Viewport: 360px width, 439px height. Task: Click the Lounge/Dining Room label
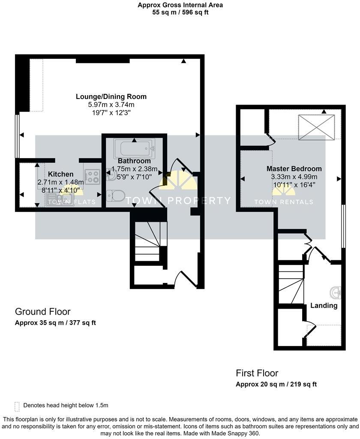point(111,96)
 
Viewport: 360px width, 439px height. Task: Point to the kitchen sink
point(60,200)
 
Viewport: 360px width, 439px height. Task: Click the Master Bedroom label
point(294,168)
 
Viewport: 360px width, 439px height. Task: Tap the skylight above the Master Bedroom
point(317,127)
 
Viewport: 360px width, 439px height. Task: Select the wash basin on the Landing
point(336,293)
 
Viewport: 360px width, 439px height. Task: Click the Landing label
point(324,306)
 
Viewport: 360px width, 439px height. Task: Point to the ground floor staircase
point(149,242)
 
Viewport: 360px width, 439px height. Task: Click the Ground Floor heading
point(42,312)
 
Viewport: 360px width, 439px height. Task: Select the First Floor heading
point(257,373)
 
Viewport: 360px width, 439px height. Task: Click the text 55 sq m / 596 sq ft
point(180,12)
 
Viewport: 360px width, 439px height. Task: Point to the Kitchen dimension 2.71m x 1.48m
point(60,182)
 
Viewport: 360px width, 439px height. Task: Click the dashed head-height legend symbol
point(17,406)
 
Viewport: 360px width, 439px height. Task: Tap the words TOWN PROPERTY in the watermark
point(194,201)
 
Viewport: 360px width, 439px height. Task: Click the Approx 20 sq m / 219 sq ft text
point(276,384)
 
